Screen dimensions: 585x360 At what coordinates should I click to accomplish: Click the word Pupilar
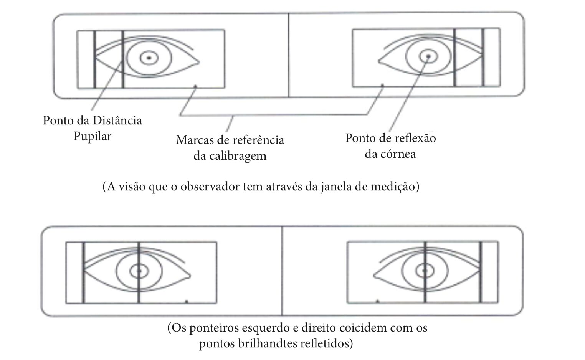tap(93, 136)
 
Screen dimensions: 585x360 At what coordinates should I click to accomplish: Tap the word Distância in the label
tap(117, 121)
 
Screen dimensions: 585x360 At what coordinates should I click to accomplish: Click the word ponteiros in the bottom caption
tap(214, 328)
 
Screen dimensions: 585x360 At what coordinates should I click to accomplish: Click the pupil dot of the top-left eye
tap(149, 58)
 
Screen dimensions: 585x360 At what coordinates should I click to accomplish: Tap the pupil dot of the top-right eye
tap(428, 56)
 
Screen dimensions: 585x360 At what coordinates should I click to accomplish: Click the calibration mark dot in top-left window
tap(196, 86)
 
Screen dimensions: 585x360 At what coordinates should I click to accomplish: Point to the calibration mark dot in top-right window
tap(382, 85)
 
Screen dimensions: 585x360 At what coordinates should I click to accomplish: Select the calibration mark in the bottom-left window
tap(187, 302)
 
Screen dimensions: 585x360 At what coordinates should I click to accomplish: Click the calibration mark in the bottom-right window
tap(377, 301)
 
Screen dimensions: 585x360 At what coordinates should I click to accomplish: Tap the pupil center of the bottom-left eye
tap(139, 271)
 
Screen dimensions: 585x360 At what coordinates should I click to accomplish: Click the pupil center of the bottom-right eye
tap(425, 271)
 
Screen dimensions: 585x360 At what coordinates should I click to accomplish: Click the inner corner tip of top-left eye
tap(199, 62)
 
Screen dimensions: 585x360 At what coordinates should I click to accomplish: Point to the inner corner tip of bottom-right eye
tap(374, 276)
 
